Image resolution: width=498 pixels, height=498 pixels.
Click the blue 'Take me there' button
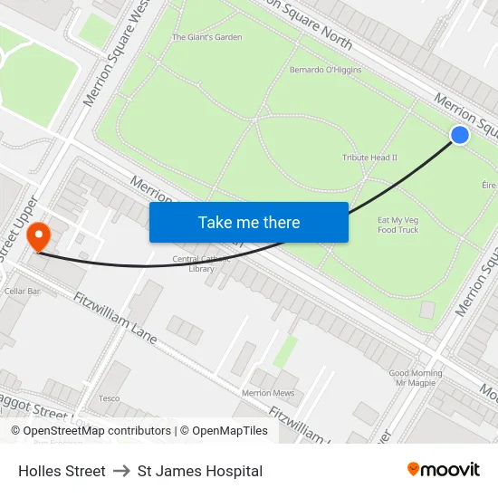[249, 222]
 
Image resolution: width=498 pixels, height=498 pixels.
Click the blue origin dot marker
[460, 135]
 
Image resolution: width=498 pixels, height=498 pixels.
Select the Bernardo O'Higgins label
[325, 70]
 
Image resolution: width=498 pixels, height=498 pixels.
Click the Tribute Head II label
[369, 158]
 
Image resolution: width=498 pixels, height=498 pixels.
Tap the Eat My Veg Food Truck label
[397, 225]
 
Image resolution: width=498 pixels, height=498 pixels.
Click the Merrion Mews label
[268, 393]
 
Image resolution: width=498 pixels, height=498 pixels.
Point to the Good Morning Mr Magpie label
[416, 378]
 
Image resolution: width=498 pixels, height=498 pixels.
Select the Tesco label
[109, 398]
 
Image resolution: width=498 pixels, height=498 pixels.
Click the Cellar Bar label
[23, 292]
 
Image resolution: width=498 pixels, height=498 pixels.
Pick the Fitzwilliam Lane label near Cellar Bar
[116, 318]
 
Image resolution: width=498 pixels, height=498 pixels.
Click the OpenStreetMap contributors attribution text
[91, 431]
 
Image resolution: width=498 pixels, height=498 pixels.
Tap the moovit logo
[443, 470]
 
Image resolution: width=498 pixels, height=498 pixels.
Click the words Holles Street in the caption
[62, 471]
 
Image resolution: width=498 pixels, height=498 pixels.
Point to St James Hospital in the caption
[200, 471]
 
